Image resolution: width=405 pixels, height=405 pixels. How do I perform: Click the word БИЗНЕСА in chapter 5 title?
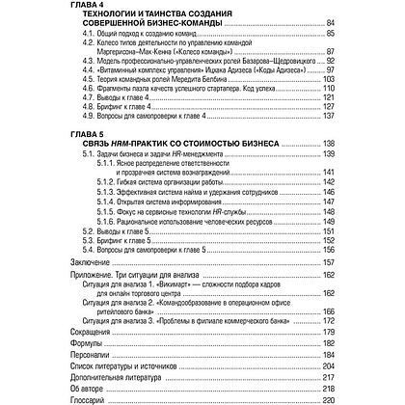[253, 141]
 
